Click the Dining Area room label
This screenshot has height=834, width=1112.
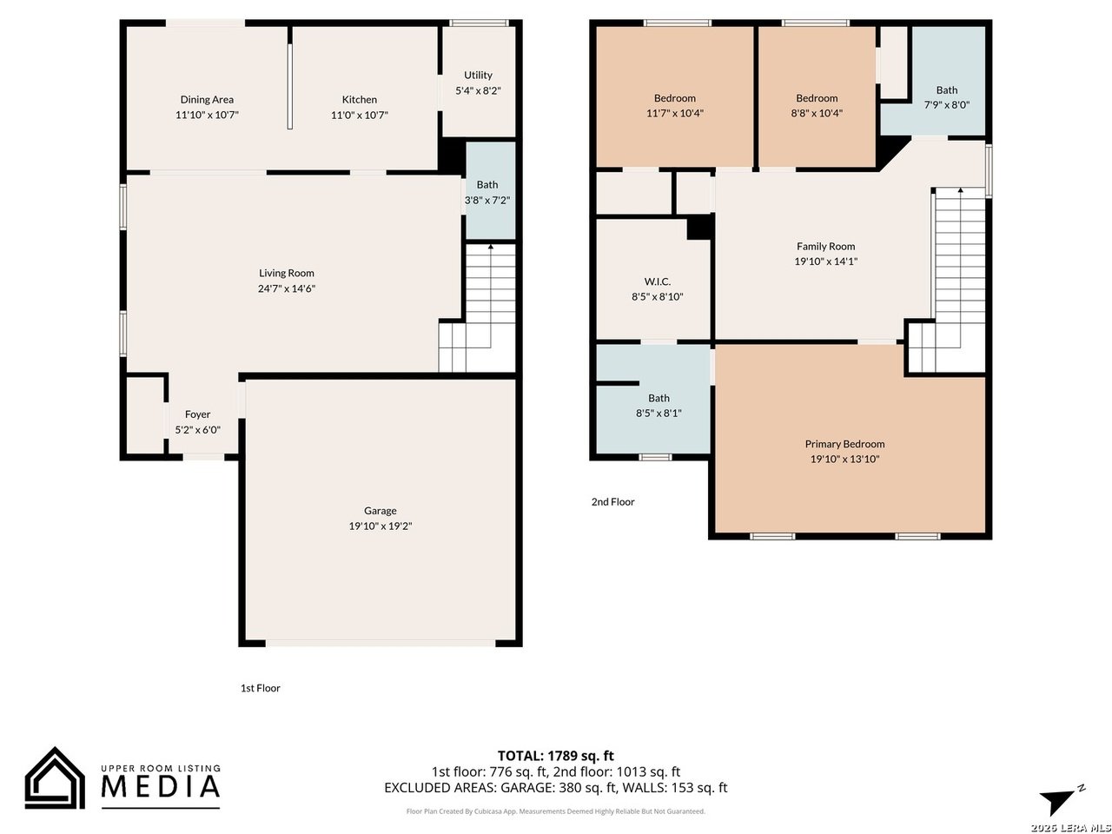207,100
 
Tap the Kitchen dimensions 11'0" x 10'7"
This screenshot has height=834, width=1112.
359,115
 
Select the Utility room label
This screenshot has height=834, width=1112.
478,76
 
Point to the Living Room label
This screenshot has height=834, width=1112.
286,274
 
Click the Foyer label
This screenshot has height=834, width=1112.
197,414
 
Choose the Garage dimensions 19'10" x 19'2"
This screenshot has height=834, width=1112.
380,526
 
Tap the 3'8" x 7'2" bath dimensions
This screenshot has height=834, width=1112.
486,201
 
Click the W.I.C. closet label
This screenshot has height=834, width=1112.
657,281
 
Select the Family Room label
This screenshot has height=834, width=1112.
825,247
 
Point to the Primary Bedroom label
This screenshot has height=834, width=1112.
844,444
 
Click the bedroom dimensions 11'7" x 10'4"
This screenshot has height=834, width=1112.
674,114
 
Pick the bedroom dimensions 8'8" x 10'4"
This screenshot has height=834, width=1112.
816,114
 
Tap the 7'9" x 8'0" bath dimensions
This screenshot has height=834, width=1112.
946,105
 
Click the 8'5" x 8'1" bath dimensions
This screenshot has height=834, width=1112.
659,414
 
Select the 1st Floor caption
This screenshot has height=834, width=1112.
260,688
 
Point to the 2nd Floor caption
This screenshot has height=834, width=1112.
612,502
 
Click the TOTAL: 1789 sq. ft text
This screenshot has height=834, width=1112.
555,756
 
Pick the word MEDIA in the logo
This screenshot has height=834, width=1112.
161,786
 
